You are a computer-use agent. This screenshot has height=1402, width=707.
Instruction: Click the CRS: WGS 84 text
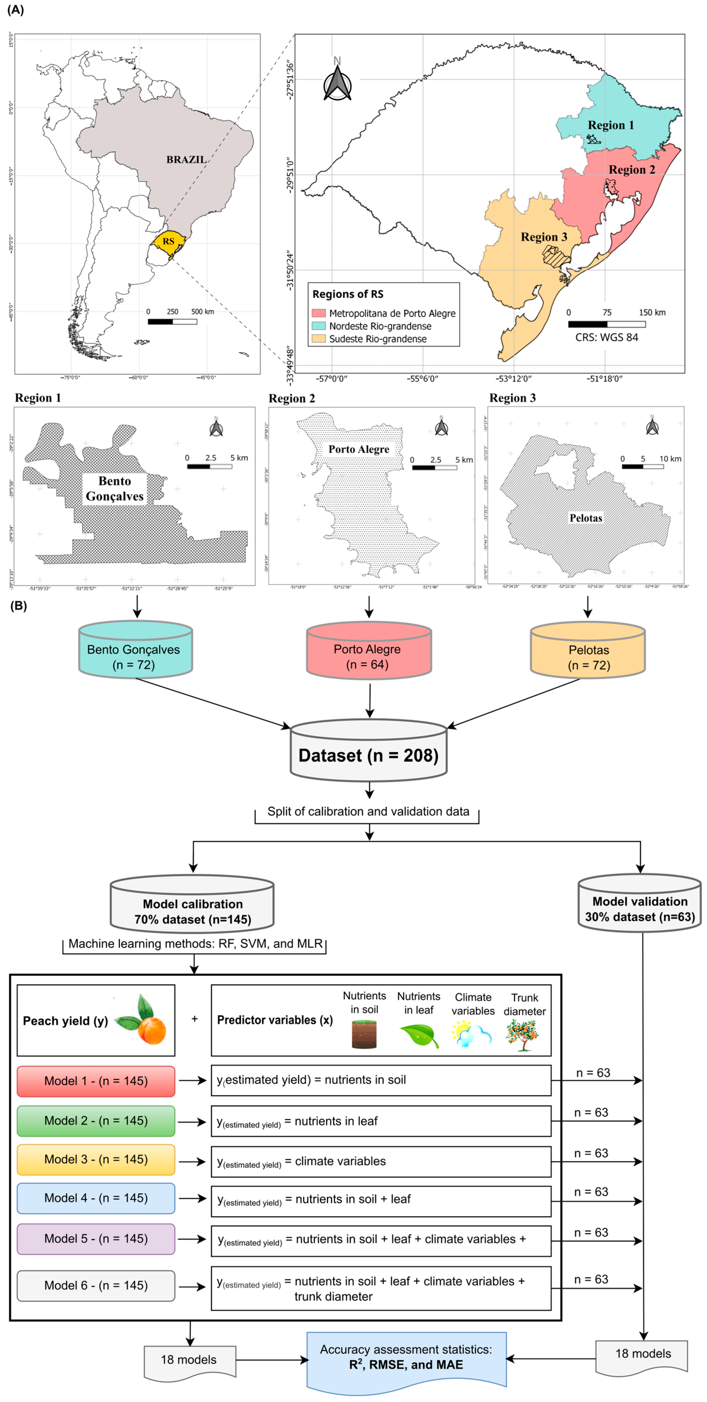tap(606, 338)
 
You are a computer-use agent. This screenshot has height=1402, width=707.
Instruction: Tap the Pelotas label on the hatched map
tap(586, 518)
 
